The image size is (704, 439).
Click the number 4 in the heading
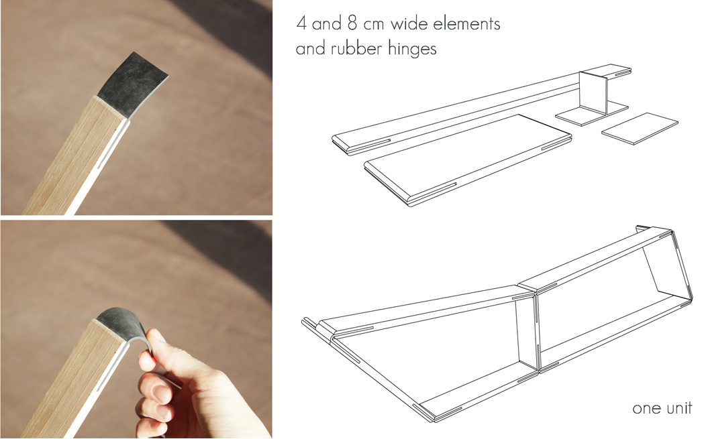[x=302, y=25]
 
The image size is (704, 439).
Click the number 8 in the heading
[x=352, y=25]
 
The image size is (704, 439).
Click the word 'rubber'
[x=362, y=49]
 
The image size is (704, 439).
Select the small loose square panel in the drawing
[x=639, y=127]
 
